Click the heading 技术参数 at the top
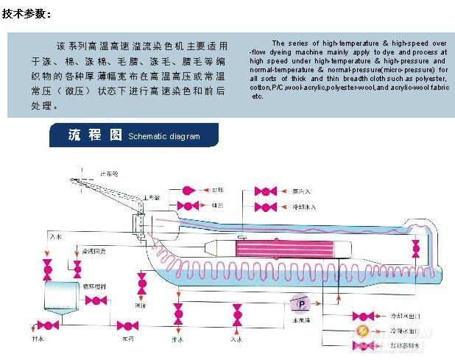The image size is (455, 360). tap(27, 14)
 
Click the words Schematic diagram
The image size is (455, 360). tap(163, 136)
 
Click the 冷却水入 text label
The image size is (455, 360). tap(303, 207)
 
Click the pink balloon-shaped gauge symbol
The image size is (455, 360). tap(186, 191)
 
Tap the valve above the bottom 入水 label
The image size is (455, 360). tap(237, 317)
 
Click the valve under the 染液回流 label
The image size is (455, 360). tap(77, 266)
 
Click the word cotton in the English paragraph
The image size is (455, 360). tap(260, 87)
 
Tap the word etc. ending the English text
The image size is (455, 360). tap(257, 96)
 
